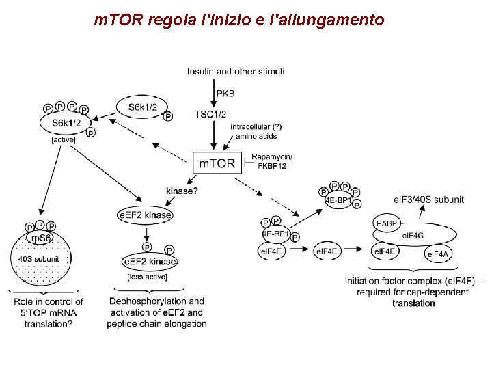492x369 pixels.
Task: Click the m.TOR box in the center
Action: point(217,163)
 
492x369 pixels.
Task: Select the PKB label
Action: point(225,93)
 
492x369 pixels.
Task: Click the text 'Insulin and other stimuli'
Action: point(236,71)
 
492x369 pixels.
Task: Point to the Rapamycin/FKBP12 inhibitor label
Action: point(271,162)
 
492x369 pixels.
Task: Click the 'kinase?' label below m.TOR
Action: point(182,191)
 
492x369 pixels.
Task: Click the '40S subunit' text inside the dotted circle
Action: point(39,259)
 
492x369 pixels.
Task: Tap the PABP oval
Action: point(387,223)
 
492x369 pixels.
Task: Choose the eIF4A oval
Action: point(437,255)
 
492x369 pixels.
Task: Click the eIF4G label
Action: point(412,235)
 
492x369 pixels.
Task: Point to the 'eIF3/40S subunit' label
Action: point(428,200)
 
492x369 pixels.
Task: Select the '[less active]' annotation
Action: point(147,277)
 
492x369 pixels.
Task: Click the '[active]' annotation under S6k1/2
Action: point(63,140)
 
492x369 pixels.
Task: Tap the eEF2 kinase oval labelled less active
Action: point(149,262)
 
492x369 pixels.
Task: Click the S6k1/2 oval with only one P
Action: point(141,107)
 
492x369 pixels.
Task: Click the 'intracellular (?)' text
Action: point(256,127)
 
